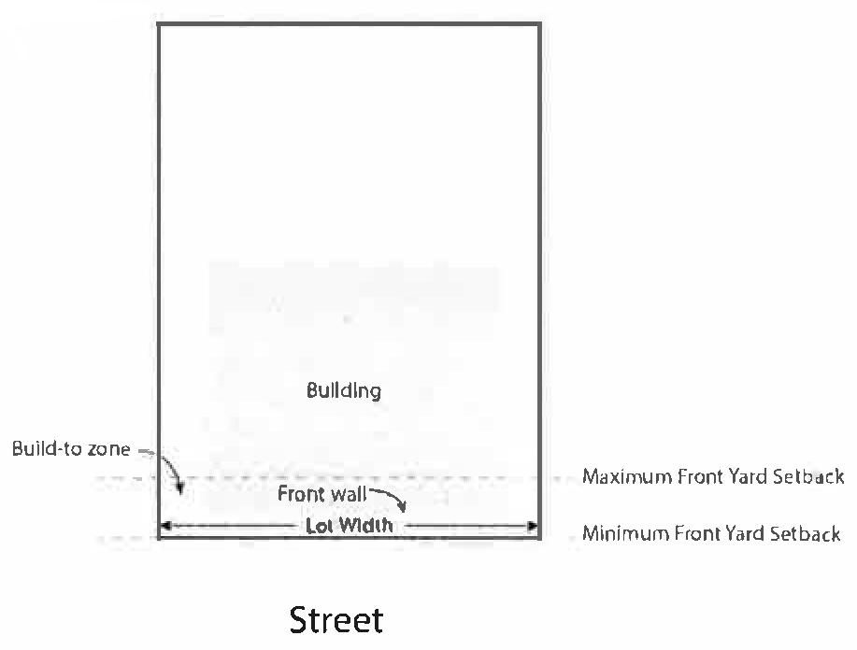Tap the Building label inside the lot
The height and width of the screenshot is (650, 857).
click(x=344, y=389)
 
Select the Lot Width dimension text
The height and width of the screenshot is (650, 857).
click(x=349, y=526)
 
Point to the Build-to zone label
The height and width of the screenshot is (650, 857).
click(x=71, y=449)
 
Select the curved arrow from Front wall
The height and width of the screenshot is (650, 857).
click(x=392, y=499)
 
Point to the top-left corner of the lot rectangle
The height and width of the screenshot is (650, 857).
click(x=159, y=24)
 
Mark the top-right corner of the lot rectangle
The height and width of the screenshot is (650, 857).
click(x=539, y=24)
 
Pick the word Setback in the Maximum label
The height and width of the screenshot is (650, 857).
click(x=809, y=477)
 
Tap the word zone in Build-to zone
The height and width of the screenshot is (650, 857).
click(x=109, y=449)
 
